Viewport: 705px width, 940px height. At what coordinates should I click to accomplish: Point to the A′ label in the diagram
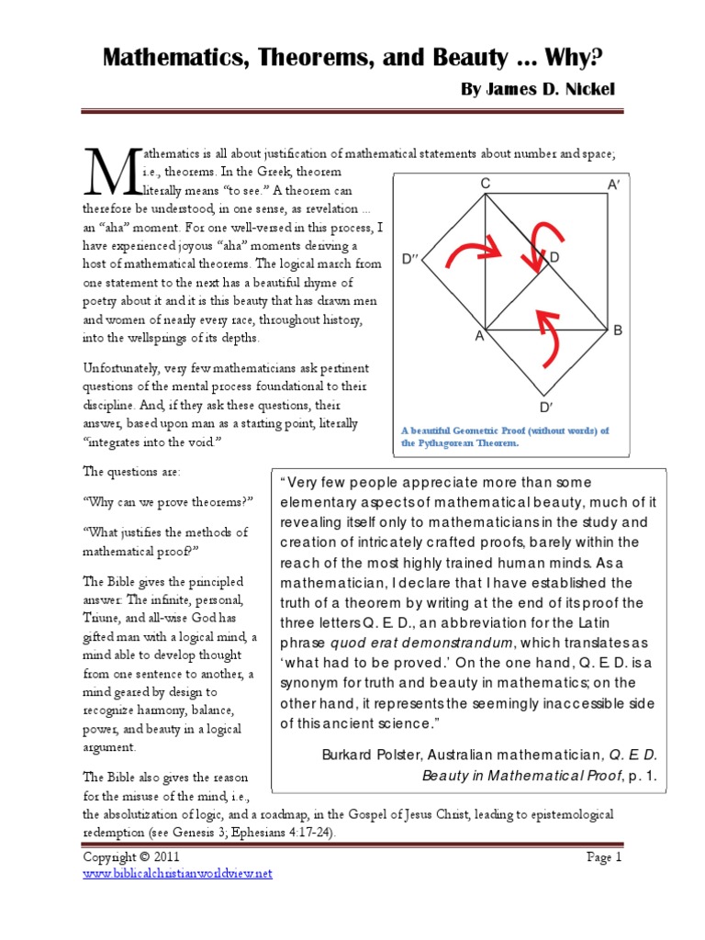click(x=613, y=185)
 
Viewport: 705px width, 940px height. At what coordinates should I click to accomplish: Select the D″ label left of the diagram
click(x=410, y=259)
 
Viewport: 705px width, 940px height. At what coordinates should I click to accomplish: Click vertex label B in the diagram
click(x=618, y=330)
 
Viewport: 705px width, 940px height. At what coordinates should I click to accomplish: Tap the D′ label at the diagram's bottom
click(x=545, y=407)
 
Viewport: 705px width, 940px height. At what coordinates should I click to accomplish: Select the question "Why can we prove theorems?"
click(x=168, y=502)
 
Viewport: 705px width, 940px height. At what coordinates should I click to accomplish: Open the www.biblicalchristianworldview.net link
click(x=178, y=873)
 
